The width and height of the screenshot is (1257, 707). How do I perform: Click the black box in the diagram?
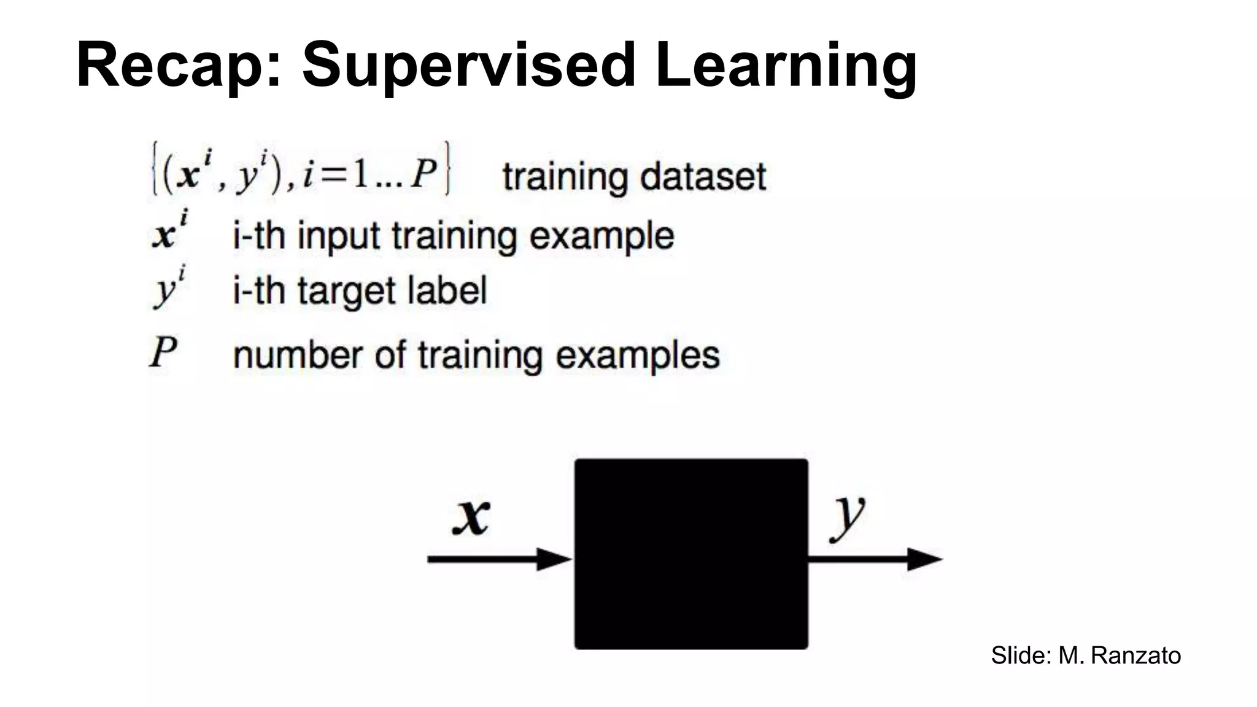[x=691, y=554]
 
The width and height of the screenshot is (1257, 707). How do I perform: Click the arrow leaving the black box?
[x=874, y=559]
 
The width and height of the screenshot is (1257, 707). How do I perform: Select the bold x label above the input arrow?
[x=471, y=516]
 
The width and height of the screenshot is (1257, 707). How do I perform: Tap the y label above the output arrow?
[x=847, y=516]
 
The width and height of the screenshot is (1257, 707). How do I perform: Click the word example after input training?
[x=601, y=236]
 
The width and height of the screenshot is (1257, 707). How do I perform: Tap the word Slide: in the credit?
[x=1021, y=655]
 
